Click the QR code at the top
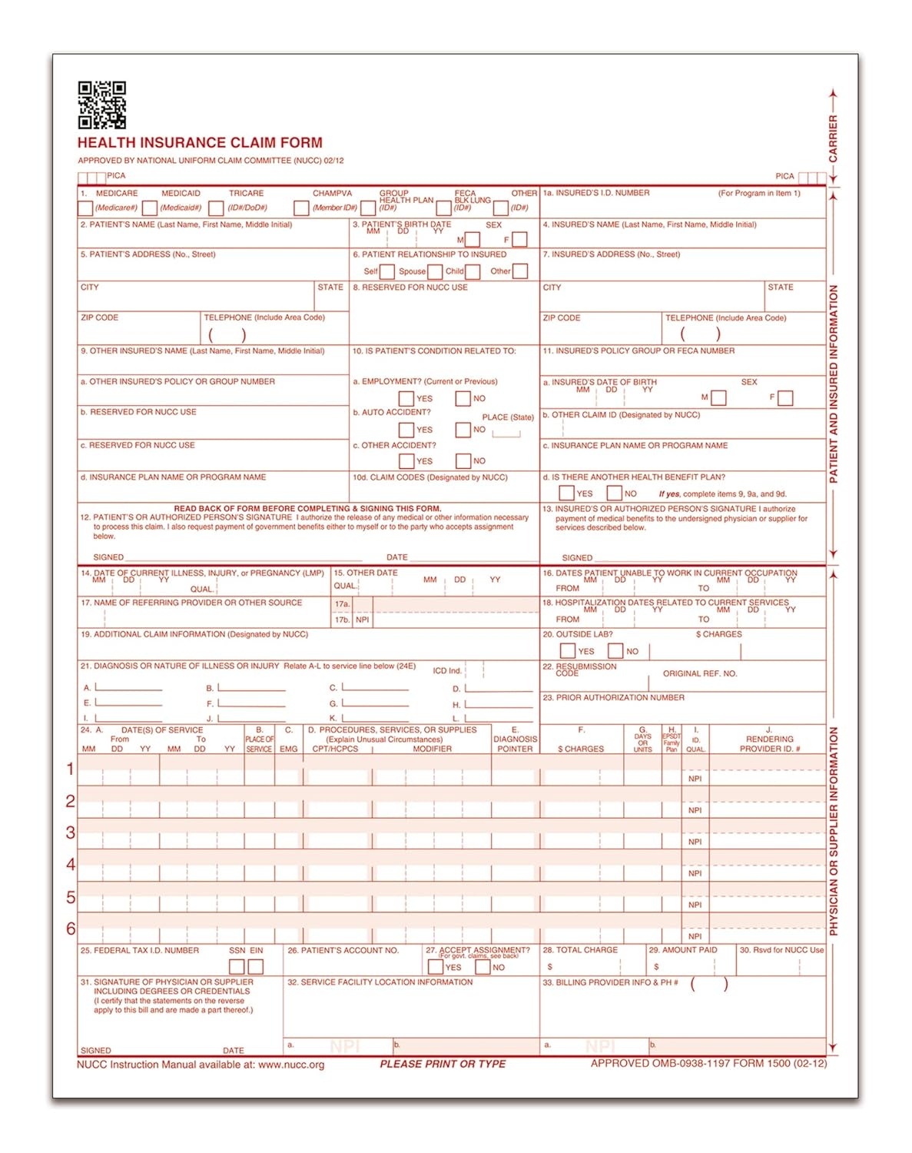pyautogui.click(x=102, y=105)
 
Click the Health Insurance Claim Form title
pyautogui.click(x=200, y=143)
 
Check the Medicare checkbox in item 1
pyautogui.click(x=85, y=208)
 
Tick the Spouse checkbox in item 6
pyautogui.click(x=435, y=271)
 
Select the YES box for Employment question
pyautogui.click(x=406, y=398)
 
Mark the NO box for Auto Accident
pyautogui.click(x=463, y=430)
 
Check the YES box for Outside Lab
pyautogui.click(x=568, y=651)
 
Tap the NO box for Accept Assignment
pyautogui.click(x=483, y=967)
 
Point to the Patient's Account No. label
pyautogui.click(x=343, y=951)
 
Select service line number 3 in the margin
pyautogui.click(x=71, y=832)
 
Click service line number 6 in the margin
pyautogui.click(x=71, y=929)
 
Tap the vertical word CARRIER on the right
pyautogui.click(x=833, y=138)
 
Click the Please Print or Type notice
pyautogui.click(x=443, y=1065)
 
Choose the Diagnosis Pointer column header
pyautogui.click(x=515, y=739)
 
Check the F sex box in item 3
pyautogui.click(x=520, y=240)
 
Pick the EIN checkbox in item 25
pyautogui.click(x=256, y=967)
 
